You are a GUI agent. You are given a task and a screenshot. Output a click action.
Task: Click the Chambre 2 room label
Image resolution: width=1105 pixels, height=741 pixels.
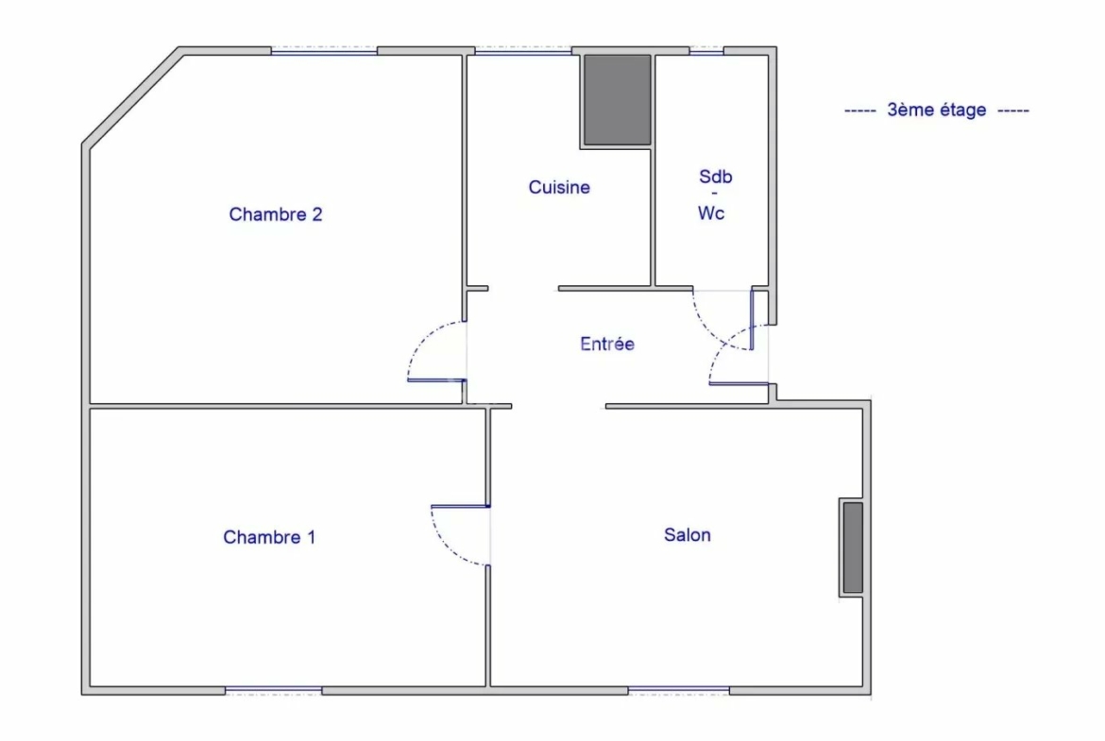276,214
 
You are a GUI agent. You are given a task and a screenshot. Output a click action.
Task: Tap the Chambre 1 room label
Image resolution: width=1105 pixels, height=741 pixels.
269,537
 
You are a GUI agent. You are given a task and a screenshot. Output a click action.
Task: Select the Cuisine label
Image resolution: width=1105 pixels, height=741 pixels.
559,187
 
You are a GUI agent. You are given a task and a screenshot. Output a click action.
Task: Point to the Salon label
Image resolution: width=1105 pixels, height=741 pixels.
688,534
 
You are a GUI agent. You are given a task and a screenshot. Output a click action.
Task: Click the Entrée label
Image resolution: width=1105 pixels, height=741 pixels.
606,344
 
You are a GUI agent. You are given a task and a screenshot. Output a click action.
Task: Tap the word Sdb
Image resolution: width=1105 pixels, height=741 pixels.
715,177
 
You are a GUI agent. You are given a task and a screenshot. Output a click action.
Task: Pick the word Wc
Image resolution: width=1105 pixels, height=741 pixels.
711,212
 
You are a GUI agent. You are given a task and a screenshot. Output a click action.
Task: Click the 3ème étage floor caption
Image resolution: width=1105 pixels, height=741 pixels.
937,109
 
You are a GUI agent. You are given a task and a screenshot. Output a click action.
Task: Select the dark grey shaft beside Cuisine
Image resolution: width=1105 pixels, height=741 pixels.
617,100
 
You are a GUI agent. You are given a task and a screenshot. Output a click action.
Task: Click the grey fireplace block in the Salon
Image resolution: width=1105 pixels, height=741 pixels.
853,547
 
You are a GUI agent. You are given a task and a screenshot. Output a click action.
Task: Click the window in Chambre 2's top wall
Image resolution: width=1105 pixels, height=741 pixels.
324,51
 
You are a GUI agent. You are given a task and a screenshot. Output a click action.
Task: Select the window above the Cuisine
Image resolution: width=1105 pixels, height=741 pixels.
523,51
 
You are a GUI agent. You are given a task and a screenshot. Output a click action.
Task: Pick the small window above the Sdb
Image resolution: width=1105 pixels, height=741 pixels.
706,51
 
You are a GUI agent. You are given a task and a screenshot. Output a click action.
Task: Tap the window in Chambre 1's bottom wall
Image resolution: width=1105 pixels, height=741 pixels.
274,690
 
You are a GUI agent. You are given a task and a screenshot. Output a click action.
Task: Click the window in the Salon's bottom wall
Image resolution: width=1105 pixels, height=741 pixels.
679,690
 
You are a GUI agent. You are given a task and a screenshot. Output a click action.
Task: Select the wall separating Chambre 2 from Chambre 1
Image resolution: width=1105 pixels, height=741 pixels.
287,407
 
